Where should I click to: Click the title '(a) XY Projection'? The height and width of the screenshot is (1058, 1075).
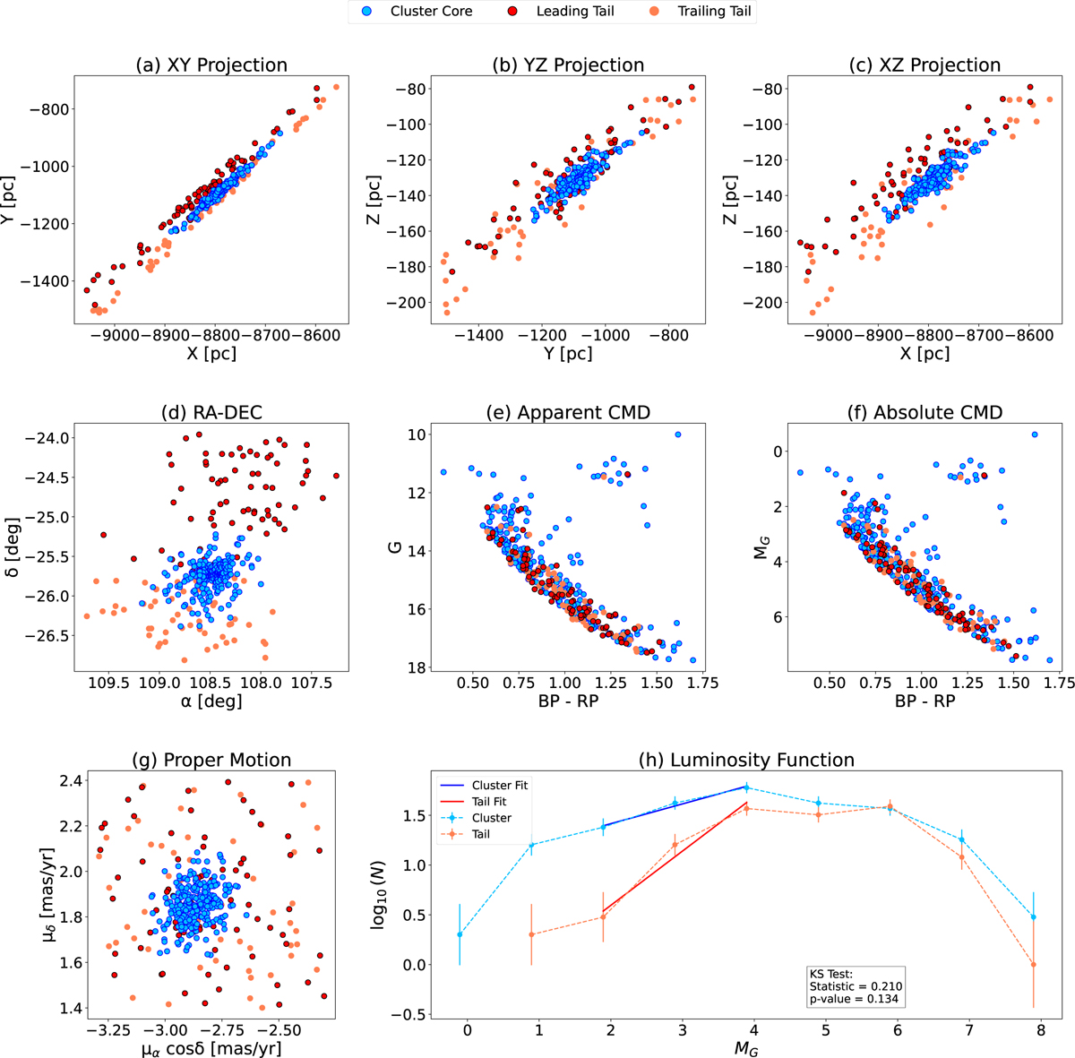pos(211,65)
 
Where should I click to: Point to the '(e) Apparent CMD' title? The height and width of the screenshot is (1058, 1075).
pos(568,413)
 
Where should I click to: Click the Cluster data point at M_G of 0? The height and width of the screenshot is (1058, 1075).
pos(460,934)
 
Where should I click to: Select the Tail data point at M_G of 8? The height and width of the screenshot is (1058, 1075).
pos(1034,965)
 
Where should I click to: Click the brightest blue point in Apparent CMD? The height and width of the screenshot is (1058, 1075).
pos(677,434)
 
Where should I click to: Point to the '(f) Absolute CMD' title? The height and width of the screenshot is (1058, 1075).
pos(925,413)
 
